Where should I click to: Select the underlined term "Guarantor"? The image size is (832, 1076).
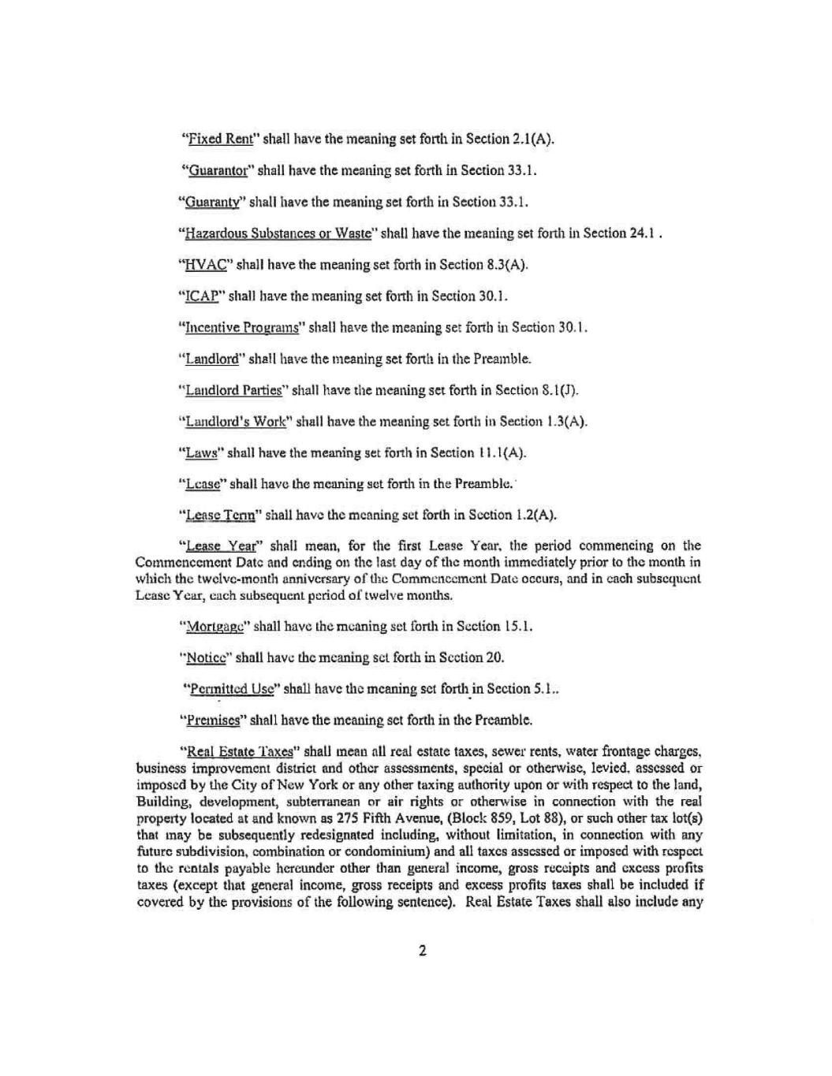(x=217, y=170)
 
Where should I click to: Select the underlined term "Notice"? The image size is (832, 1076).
(x=203, y=657)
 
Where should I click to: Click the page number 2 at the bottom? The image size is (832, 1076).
(x=422, y=951)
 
